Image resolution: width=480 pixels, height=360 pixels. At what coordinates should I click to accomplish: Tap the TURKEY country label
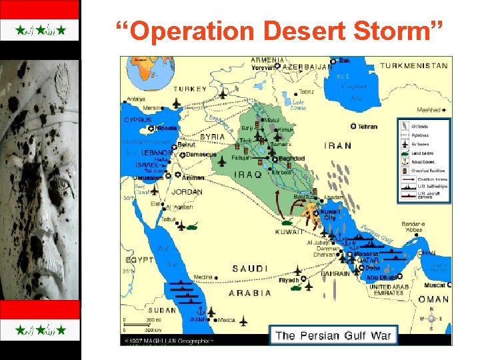(189, 89)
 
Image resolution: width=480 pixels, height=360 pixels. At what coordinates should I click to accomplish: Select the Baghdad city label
(291, 159)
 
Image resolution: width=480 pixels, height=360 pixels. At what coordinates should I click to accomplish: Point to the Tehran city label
(367, 126)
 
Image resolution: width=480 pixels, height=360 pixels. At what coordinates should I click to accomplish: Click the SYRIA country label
(213, 137)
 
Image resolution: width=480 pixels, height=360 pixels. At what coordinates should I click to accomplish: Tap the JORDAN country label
(187, 192)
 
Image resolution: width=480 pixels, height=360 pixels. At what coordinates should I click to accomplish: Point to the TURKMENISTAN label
(414, 66)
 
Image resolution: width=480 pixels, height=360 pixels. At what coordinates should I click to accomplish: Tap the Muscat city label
(437, 285)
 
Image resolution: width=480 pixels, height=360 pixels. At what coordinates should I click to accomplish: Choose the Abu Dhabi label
(382, 277)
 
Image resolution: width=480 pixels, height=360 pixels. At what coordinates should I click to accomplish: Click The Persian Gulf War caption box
(333, 335)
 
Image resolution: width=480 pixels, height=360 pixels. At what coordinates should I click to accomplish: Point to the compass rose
(431, 319)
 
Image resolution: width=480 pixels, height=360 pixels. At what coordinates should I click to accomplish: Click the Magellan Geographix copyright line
(170, 340)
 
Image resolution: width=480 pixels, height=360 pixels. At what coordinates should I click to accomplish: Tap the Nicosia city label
(167, 128)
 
